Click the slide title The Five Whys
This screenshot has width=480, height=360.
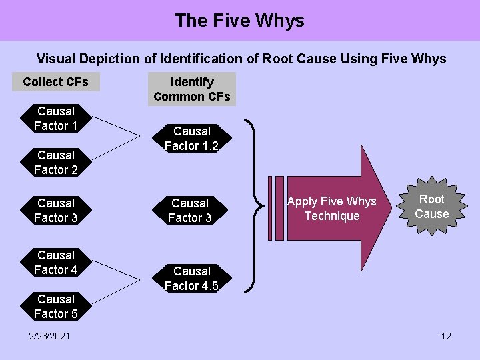[x=239, y=21]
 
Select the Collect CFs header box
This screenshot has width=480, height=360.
[x=55, y=82]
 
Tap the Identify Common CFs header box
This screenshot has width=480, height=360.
[x=192, y=89]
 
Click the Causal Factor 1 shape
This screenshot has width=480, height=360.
[x=56, y=119]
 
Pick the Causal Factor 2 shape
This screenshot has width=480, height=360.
[x=56, y=163]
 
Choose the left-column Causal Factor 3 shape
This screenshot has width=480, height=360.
[x=56, y=210]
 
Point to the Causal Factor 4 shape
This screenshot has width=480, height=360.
[x=56, y=263]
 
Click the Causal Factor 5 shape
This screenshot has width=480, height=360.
[x=56, y=307]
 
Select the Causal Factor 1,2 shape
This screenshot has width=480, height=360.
[x=191, y=139]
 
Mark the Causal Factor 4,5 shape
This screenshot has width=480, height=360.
[x=191, y=279]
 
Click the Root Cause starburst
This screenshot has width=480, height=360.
[x=431, y=207]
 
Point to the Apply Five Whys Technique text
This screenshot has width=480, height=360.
[x=331, y=209]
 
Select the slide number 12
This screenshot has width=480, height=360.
[x=446, y=336]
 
